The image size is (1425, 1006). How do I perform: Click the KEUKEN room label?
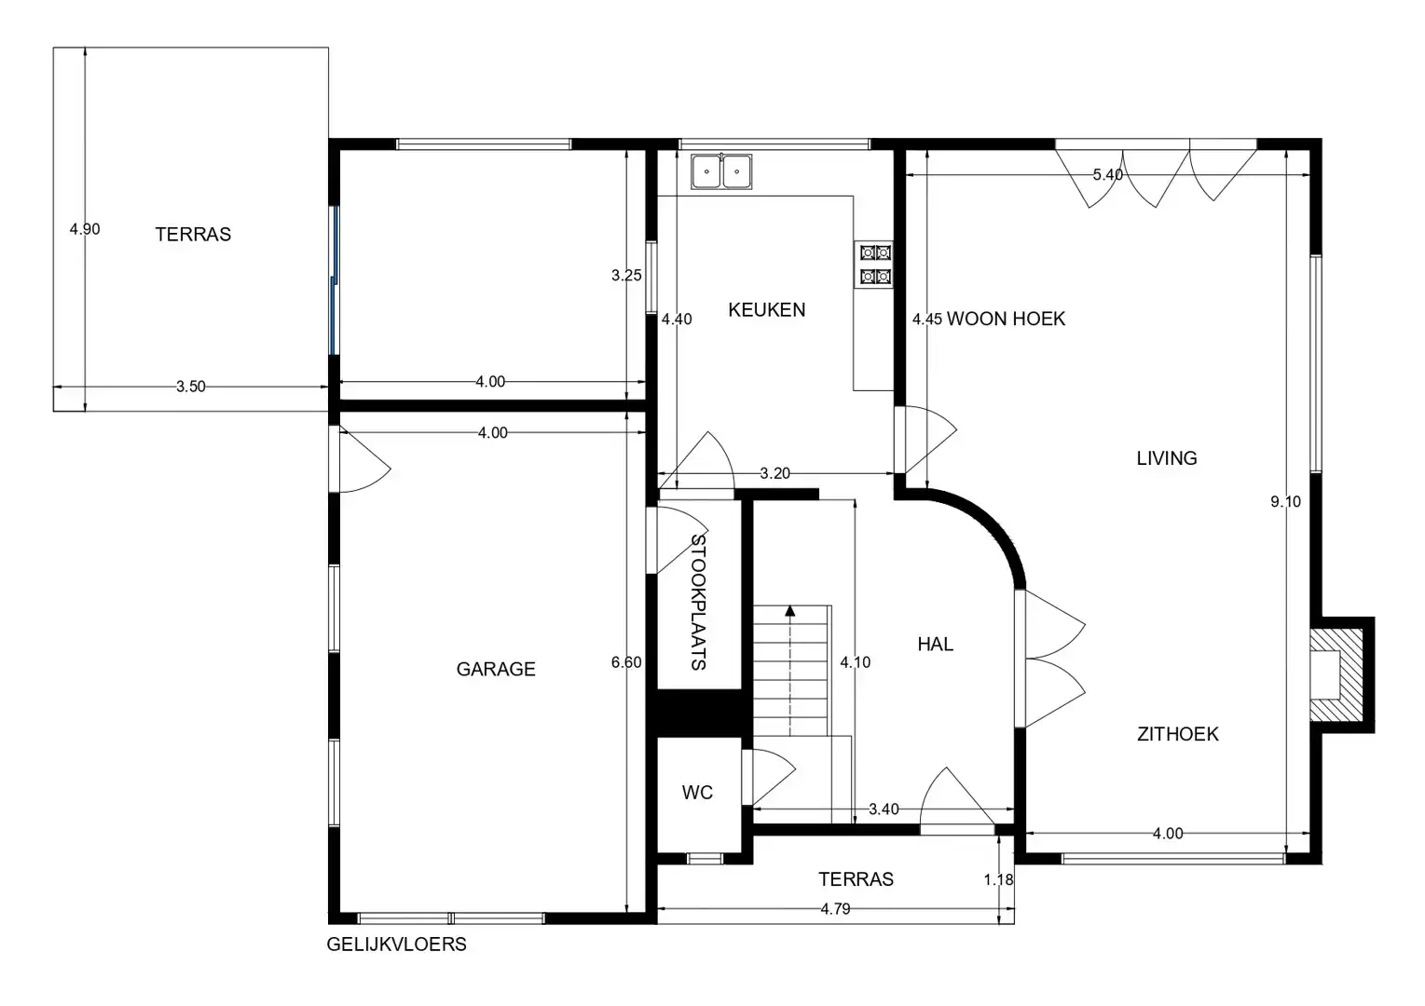click(x=766, y=310)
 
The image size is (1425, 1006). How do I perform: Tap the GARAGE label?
click(x=496, y=669)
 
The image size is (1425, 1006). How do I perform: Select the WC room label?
click(x=697, y=793)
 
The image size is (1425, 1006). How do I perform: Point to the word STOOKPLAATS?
click(x=698, y=602)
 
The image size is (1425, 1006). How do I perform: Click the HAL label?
click(x=935, y=645)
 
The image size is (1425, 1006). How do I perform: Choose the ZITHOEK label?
click(x=1177, y=734)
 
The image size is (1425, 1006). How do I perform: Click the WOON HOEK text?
click(x=1006, y=319)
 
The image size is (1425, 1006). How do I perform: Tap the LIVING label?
click(x=1166, y=458)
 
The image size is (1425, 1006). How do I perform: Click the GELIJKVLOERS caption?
click(x=396, y=945)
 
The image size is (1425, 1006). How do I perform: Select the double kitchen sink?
click(x=721, y=172)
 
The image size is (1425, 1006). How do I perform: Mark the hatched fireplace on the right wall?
click(x=1335, y=674)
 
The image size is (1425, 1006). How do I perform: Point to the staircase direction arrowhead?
click(x=789, y=612)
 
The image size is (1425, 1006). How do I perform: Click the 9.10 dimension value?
click(x=1285, y=502)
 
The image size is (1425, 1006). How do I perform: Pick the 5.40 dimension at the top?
click(x=1107, y=175)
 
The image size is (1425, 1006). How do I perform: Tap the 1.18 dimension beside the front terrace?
click(x=998, y=879)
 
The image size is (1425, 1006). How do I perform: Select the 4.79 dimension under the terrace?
click(x=835, y=909)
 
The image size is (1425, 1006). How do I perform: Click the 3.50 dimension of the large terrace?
click(x=190, y=387)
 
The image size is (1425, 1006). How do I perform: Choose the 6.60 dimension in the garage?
click(x=625, y=662)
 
